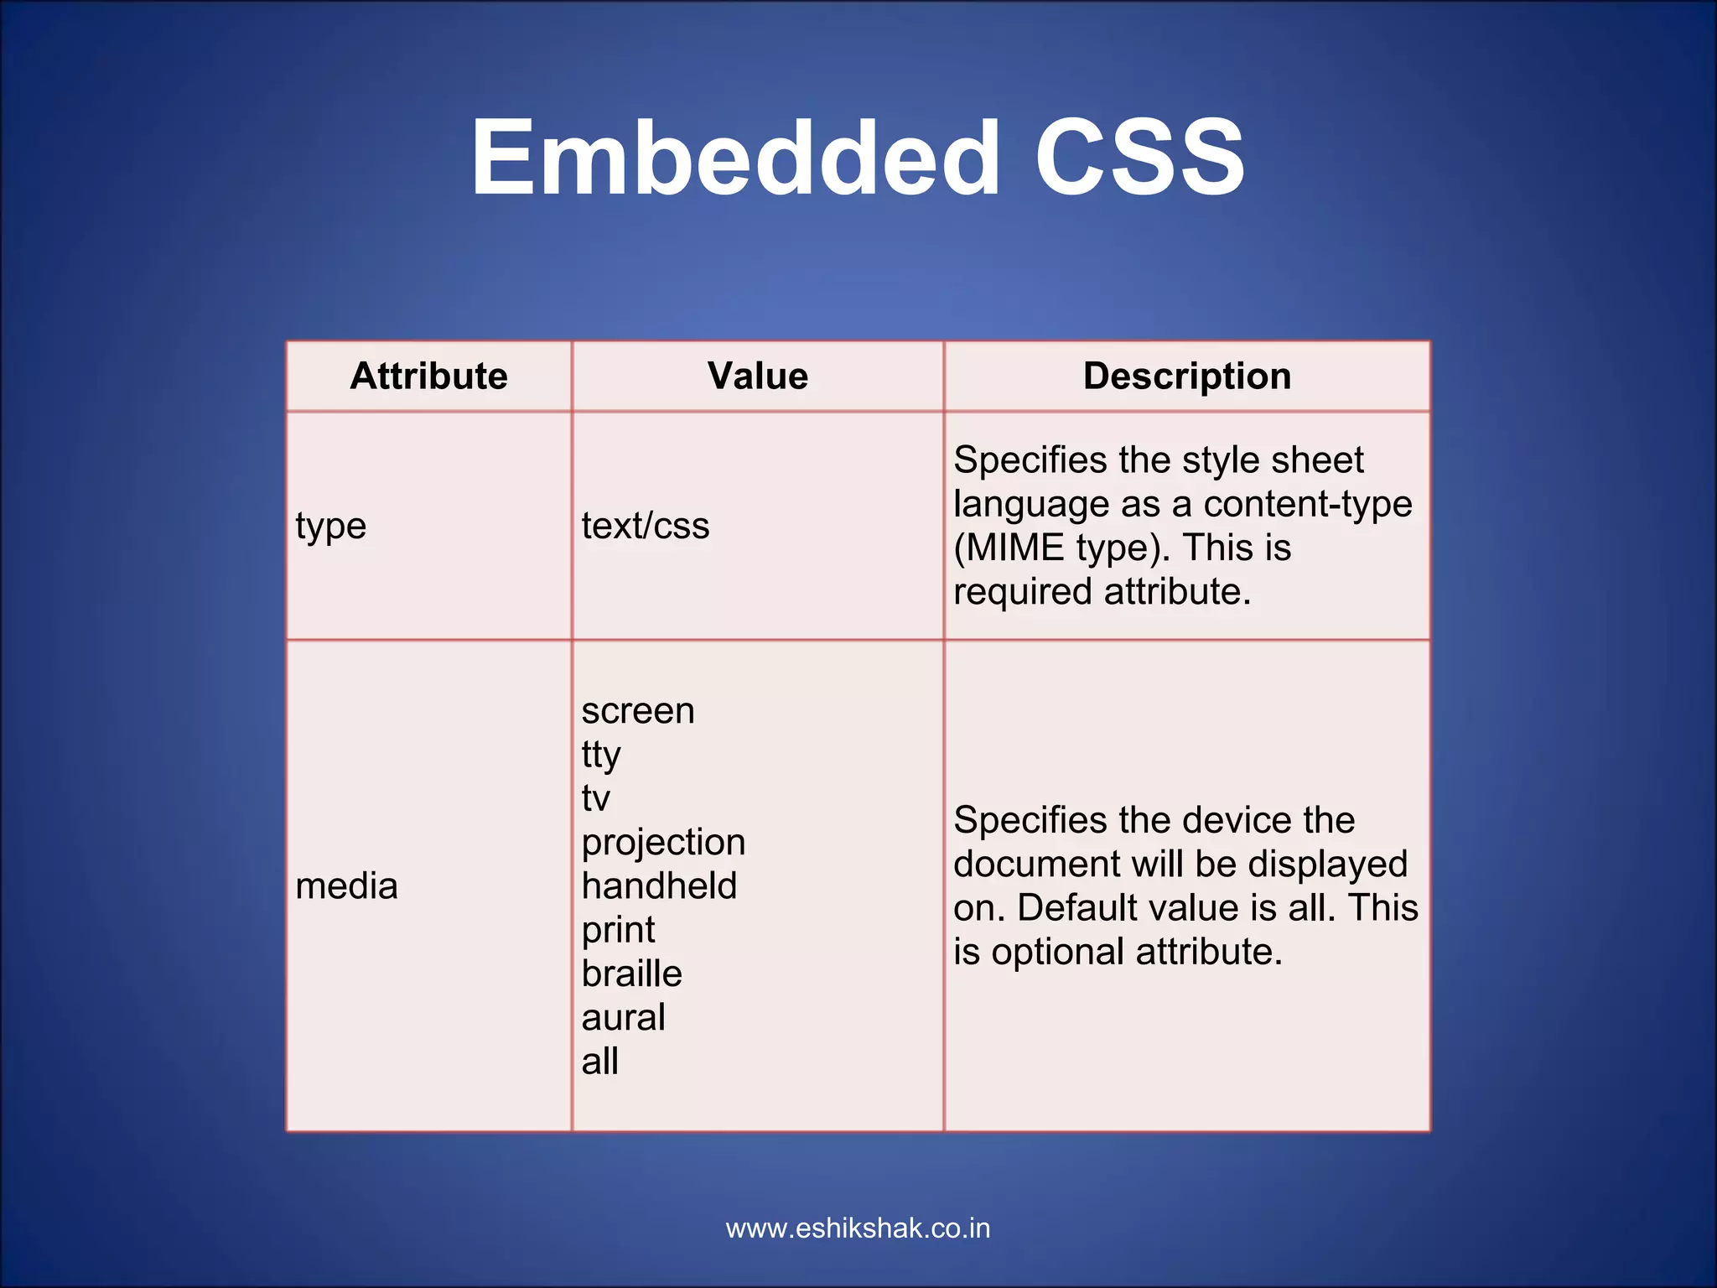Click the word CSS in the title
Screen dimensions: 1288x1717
[1139, 158]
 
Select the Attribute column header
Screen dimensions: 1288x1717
[428, 376]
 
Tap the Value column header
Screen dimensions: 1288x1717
[757, 376]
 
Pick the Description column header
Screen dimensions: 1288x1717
[1186, 376]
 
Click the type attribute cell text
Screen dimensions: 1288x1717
[330, 527]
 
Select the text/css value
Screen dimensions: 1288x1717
[645, 526]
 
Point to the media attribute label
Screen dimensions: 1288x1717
[346, 886]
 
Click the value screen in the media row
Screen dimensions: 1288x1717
[637, 711]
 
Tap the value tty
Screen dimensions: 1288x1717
[600, 755]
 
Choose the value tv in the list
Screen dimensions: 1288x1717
[595, 798]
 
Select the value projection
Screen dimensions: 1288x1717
[663, 843]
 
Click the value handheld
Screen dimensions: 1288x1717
[659, 886]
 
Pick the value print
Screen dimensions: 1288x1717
[618, 931]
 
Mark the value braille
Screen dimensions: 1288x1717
[631, 974]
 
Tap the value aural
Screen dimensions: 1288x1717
[623, 1018]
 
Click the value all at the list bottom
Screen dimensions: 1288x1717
[599, 1062]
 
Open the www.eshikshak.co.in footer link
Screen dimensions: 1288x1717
[858, 1228]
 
